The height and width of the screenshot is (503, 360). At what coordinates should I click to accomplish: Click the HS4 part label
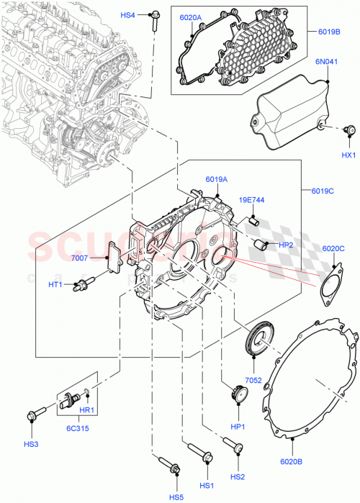pyautogui.click(x=127, y=14)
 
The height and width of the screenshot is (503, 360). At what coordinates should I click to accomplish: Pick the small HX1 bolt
pyautogui.click(x=351, y=130)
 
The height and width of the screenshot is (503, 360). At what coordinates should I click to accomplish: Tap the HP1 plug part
pyautogui.click(x=237, y=396)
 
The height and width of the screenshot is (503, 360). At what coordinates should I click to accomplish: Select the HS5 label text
pyautogui.click(x=176, y=496)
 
